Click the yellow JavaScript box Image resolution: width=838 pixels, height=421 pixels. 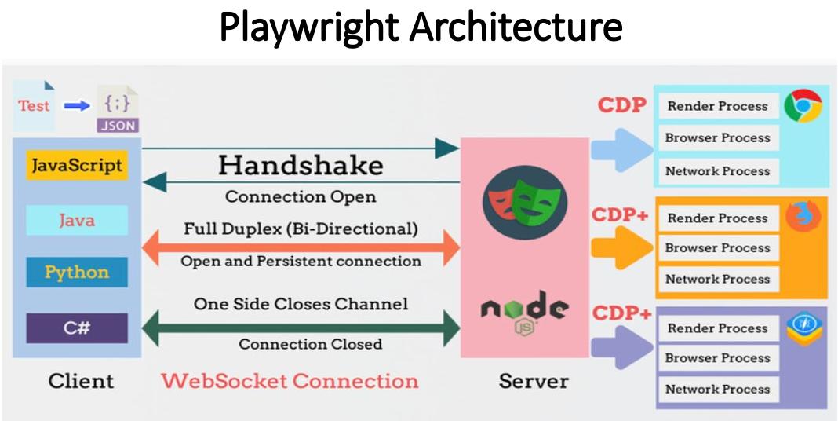click(76, 167)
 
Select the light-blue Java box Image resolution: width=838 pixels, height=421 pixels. click(76, 220)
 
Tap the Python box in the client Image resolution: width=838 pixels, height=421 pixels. click(76, 273)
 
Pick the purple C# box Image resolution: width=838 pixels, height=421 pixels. click(76, 328)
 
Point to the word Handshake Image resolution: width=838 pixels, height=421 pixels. click(301, 165)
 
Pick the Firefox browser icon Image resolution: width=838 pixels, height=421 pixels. click(802, 216)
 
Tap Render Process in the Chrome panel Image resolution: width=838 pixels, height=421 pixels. click(717, 106)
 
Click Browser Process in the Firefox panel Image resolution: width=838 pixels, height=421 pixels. click(717, 248)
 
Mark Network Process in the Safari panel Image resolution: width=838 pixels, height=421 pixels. click(717, 389)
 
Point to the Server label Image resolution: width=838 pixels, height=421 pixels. click(534, 382)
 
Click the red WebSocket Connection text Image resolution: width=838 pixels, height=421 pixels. click(290, 382)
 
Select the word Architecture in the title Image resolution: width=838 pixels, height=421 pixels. click(516, 27)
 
